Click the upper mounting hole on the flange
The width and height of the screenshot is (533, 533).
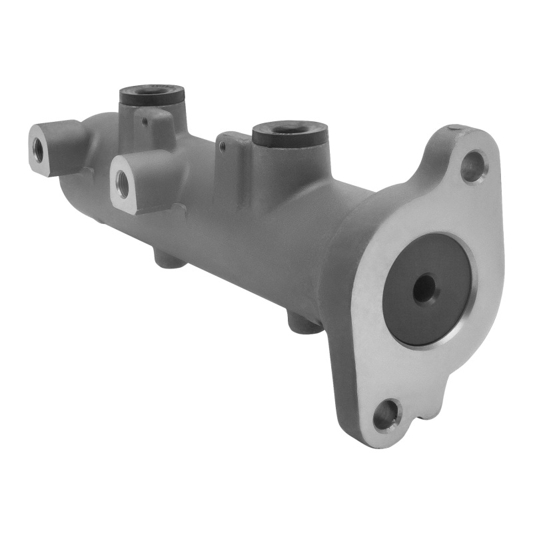click(x=473, y=167)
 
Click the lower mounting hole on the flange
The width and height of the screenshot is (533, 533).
click(x=386, y=416)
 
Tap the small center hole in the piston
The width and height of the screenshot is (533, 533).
click(x=424, y=288)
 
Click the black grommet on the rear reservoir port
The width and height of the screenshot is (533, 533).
click(x=152, y=95)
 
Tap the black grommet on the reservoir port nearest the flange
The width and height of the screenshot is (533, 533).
click(x=290, y=133)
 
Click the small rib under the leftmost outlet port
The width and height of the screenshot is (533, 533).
click(x=87, y=172)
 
